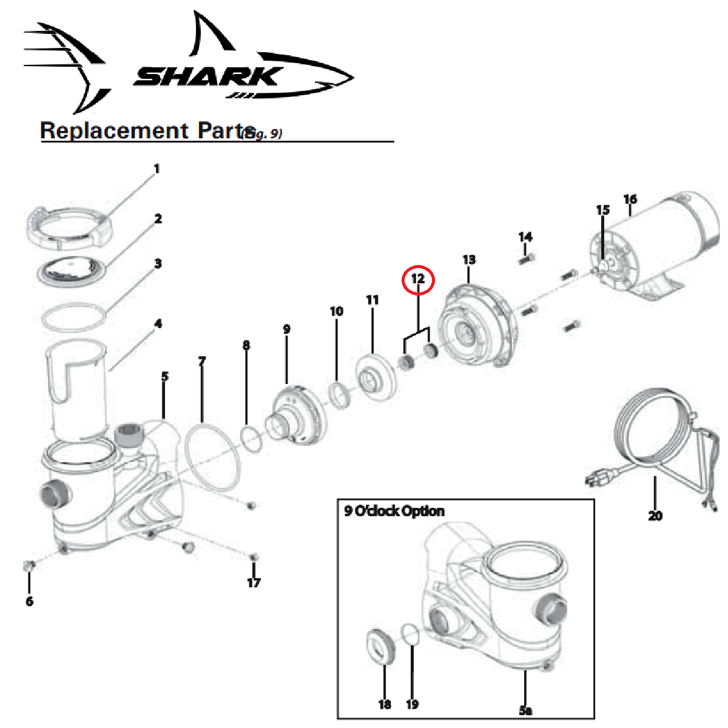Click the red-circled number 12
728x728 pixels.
[x=418, y=280]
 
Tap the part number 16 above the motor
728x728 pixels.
[x=630, y=199]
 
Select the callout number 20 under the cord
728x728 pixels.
[x=655, y=516]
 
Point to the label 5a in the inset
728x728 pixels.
[x=525, y=710]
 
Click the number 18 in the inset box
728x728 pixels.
[x=385, y=704]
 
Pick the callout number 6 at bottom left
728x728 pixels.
[x=29, y=601]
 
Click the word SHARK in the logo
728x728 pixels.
[x=206, y=78]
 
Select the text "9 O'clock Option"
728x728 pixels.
[x=394, y=511]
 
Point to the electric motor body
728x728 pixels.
[x=661, y=243]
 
